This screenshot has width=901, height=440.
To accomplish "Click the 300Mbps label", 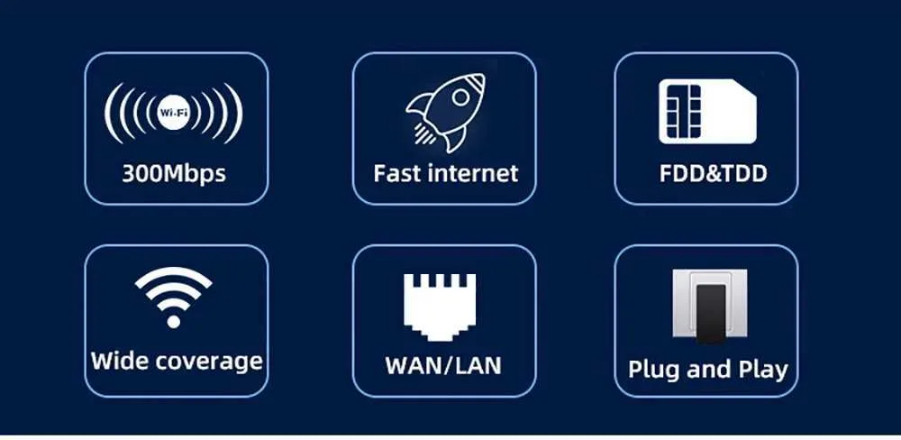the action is (174, 173).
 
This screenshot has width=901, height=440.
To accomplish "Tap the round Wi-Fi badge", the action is (173, 112).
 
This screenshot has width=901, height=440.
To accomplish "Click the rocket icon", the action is (445, 112).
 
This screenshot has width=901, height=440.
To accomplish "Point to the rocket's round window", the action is (460, 97).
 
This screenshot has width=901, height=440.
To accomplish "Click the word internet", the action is (470, 173).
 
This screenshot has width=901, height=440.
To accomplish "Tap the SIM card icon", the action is (707, 111).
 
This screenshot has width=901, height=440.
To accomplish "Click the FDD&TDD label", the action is (713, 173).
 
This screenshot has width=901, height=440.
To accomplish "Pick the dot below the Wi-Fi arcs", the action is (173, 321).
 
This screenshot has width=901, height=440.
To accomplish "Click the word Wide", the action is (118, 361).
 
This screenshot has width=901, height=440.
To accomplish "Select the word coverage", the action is (208, 362).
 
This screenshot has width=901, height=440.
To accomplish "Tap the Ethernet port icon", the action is (441, 308).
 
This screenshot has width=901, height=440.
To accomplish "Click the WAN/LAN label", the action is (443, 366).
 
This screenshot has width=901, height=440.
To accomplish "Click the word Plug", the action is (654, 370).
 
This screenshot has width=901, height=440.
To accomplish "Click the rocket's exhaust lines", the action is (424, 134).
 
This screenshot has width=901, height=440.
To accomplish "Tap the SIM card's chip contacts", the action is (683, 111).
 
